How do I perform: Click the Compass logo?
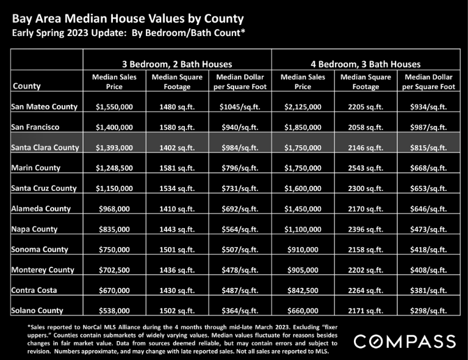405,341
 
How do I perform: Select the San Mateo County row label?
44,107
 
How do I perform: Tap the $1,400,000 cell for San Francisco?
114,127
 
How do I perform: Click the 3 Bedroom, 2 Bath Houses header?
177,64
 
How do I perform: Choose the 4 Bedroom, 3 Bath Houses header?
365,64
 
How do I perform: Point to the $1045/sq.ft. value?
240,107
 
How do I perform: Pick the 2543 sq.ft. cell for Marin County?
365,168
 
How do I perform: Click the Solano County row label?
37,311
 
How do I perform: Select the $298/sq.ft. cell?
428,311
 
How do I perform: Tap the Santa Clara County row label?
45,148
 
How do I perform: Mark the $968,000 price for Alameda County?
114,209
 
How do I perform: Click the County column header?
27,86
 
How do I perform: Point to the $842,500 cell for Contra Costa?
303,290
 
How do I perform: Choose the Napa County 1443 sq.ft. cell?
177,229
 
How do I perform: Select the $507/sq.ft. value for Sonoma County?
240,250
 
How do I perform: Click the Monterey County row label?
43,270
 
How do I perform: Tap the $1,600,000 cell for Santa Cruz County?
303,189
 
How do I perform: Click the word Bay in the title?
22,19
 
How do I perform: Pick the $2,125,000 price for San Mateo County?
303,107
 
